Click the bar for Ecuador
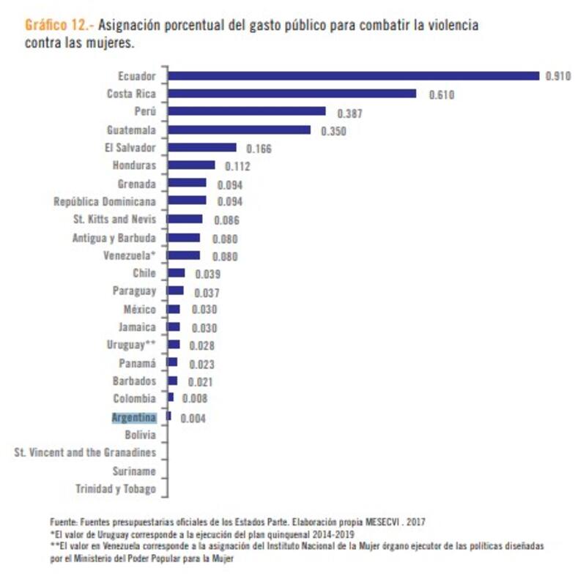353,75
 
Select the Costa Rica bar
292,94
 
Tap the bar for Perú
246,111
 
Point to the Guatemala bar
239,130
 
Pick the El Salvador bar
201,148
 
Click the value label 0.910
558,76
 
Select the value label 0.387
349,113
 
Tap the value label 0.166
259,149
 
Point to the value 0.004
193,419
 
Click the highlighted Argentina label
133,417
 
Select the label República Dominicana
105,201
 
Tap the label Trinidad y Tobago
116,488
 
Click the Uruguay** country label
131,344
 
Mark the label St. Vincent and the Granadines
85,453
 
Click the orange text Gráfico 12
58,25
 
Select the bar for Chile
176,273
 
